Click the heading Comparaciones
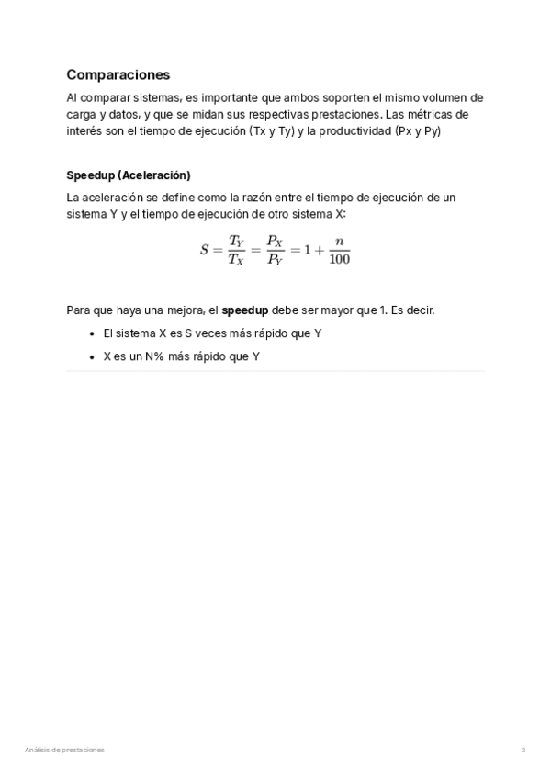(x=118, y=75)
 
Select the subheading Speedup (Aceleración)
(x=128, y=175)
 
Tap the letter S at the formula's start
(x=204, y=250)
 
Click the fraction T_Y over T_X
(x=236, y=250)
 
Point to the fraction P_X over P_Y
(x=275, y=250)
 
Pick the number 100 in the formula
(x=339, y=259)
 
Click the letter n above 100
(x=339, y=241)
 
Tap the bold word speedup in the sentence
(x=245, y=310)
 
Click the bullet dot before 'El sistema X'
(x=92, y=333)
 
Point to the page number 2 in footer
(x=523, y=750)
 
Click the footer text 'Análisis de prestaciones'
(x=64, y=750)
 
